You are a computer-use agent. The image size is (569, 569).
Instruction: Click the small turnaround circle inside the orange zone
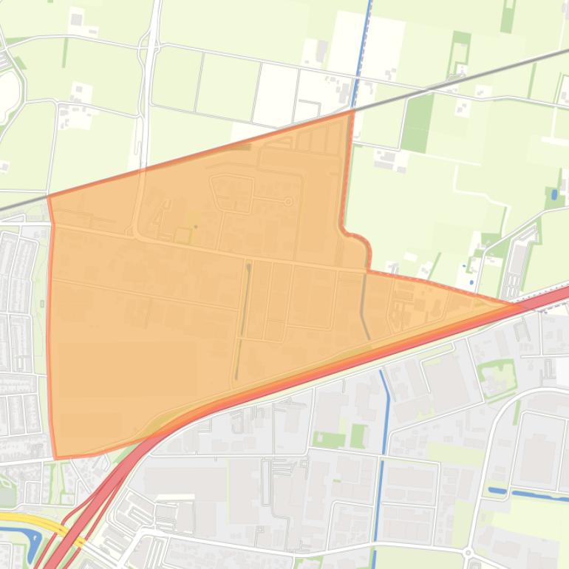[288, 201]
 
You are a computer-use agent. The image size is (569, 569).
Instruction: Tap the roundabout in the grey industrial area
[468, 552]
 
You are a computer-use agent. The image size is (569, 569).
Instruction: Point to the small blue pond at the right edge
[554, 195]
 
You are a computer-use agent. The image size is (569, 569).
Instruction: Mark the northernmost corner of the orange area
[352, 112]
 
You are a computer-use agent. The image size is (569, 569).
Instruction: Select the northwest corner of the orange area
[49, 196]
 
